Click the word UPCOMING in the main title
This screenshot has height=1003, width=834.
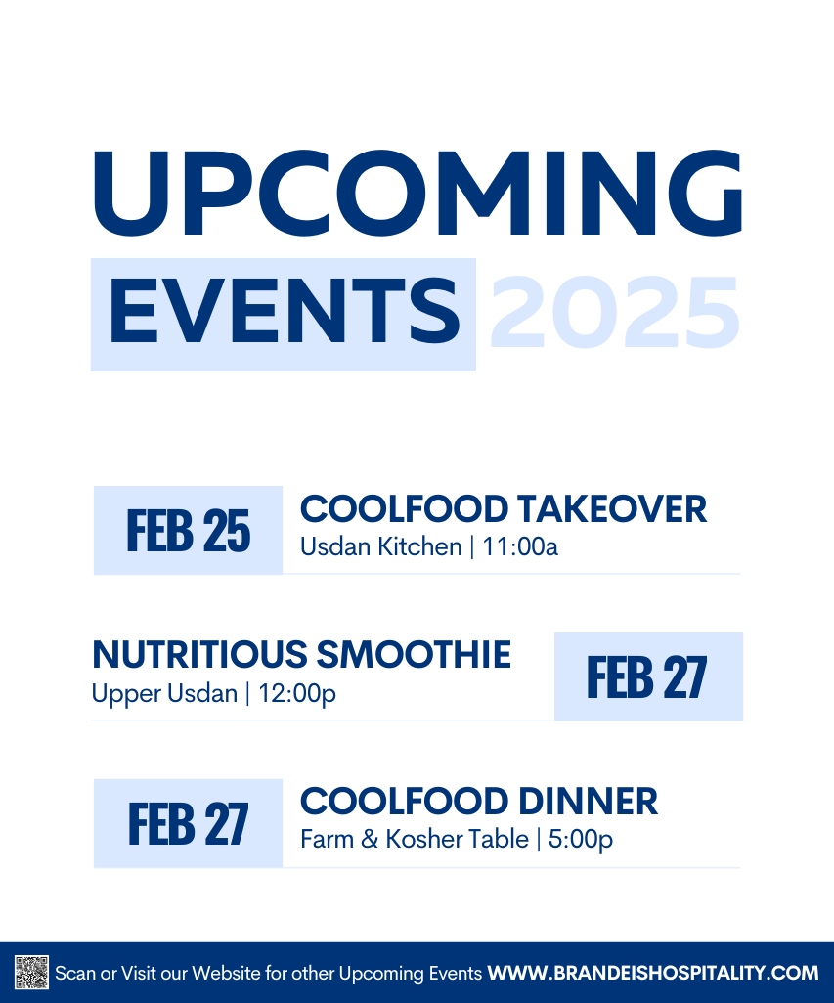click(417, 194)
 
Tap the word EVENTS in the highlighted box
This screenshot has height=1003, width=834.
click(285, 313)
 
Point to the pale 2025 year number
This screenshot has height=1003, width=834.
click(615, 313)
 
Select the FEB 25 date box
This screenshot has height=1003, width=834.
click(188, 530)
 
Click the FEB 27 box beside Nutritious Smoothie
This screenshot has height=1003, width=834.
click(648, 676)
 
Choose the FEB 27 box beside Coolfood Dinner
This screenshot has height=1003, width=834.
click(188, 823)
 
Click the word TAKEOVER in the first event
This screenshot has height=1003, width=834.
click(612, 509)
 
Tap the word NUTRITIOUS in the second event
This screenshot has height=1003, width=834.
click(199, 654)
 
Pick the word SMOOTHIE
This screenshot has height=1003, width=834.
click(414, 654)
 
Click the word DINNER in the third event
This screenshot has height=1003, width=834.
click(588, 801)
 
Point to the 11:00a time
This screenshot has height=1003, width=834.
click(520, 546)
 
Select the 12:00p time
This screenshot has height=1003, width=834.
click(297, 694)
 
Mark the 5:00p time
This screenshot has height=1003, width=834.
click(581, 840)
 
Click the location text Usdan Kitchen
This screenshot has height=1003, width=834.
click(381, 546)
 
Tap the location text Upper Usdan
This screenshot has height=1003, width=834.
click(164, 694)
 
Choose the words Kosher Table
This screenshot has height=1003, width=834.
click(458, 839)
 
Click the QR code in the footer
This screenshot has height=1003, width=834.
click(31, 973)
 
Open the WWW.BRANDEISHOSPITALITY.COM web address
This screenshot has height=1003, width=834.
click(653, 973)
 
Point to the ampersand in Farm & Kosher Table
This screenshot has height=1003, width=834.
click(370, 839)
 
